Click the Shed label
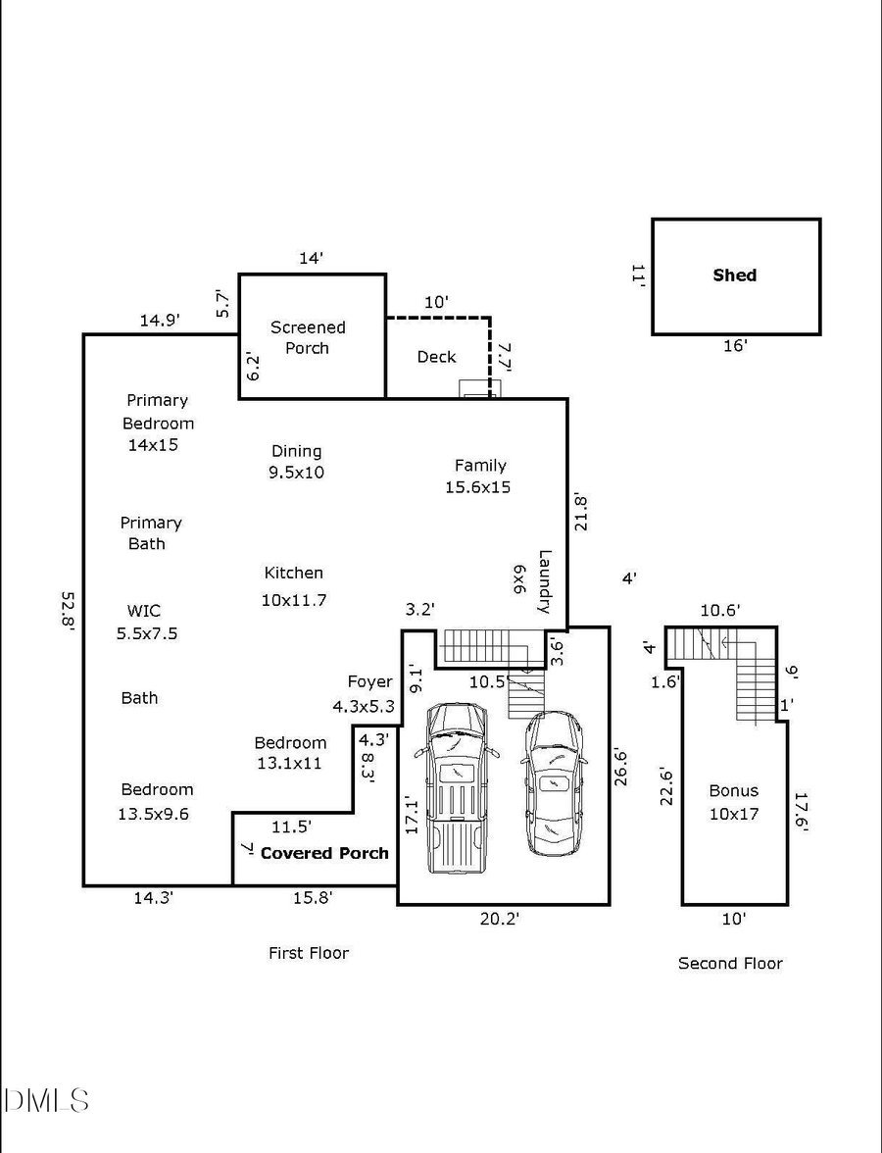click(x=734, y=276)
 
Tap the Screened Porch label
click(x=308, y=337)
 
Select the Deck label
click(x=436, y=357)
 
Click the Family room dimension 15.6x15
click(x=477, y=487)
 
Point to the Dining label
click(x=296, y=451)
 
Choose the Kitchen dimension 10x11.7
click(x=293, y=600)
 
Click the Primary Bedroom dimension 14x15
click(x=153, y=445)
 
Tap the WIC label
click(x=143, y=611)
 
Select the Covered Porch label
click(x=324, y=853)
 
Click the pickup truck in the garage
click(x=456, y=787)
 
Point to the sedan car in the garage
click(x=554, y=783)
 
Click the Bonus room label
click(x=734, y=791)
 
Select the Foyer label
click(x=369, y=681)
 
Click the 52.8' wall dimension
click(x=67, y=612)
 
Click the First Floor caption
click(x=309, y=953)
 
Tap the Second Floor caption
click(x=730, y=964)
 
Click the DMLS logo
click(x=46, y=1100)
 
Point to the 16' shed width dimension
click(x=735, y=345)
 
